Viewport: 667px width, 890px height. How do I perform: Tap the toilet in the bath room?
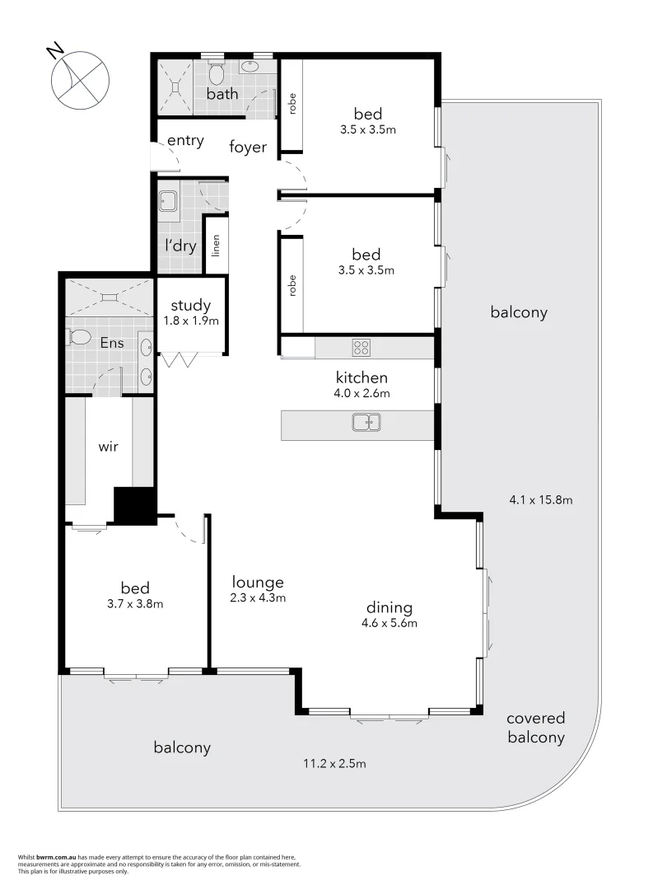click(x=217, y=74)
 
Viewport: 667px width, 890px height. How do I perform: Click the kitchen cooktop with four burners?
click(x=361, y=347)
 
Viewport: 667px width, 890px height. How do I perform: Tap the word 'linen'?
click(x=215, y=245)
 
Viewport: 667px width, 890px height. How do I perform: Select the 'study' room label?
click(x=191, y=306)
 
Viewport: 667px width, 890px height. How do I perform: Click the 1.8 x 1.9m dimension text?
click(x=191, y=321)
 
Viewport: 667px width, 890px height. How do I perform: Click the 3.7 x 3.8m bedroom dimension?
click(x=135, y=603)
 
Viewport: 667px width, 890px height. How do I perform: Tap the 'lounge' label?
click(x=258, y=582)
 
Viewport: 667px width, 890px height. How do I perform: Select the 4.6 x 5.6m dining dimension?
click(x=389, y=623)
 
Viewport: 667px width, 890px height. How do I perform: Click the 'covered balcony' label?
click(x=536, y=728)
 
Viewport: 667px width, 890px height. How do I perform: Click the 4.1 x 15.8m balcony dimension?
click(x=541, y=499)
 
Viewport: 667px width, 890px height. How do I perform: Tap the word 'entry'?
click(x=185, y=141)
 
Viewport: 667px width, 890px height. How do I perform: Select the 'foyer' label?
click(x=248, y=148)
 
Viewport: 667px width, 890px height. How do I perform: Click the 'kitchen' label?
click(x=361, y=377)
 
